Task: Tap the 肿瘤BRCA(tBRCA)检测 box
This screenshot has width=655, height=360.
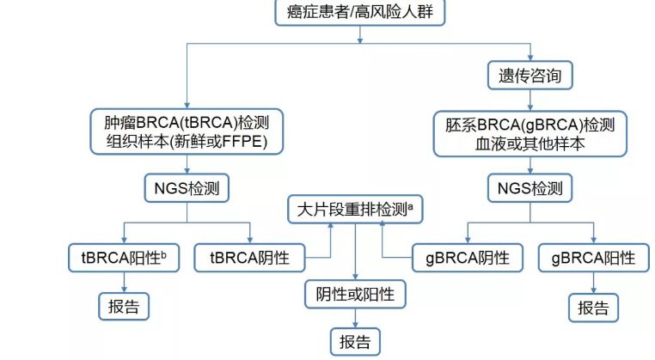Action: (x=187, y=132)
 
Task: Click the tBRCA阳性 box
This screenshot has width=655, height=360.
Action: (x=123, y=256)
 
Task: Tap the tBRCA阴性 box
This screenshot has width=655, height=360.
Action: (x=249, y=256)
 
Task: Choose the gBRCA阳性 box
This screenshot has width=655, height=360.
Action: (x=592, y=256)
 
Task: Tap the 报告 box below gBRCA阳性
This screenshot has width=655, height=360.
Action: (x=592, y=307)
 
